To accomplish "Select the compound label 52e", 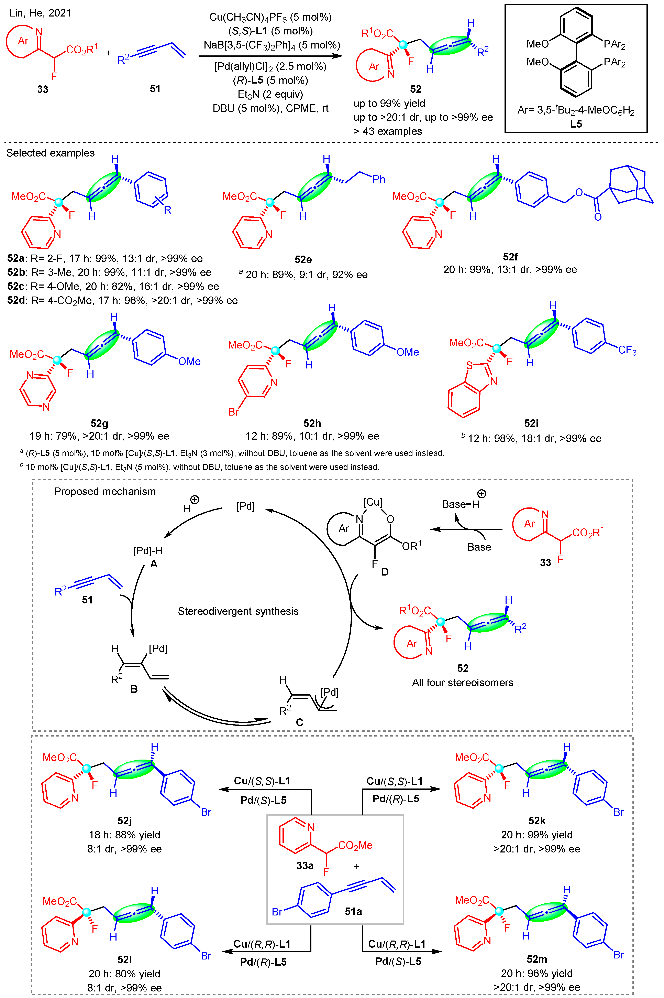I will point(303,259).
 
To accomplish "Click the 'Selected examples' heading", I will point(50,153).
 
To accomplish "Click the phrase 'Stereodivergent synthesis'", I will point(238,611).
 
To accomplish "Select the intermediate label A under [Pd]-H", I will point(154,564).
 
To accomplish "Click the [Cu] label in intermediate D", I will point(373,502).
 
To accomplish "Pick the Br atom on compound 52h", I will point(233,412).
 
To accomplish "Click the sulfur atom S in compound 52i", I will point(469,365).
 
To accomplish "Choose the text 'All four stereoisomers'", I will point(462,683).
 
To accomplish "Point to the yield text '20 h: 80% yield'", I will point(124,974).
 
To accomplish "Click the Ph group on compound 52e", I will point(379,179).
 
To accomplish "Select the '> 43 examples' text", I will point(387,131).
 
